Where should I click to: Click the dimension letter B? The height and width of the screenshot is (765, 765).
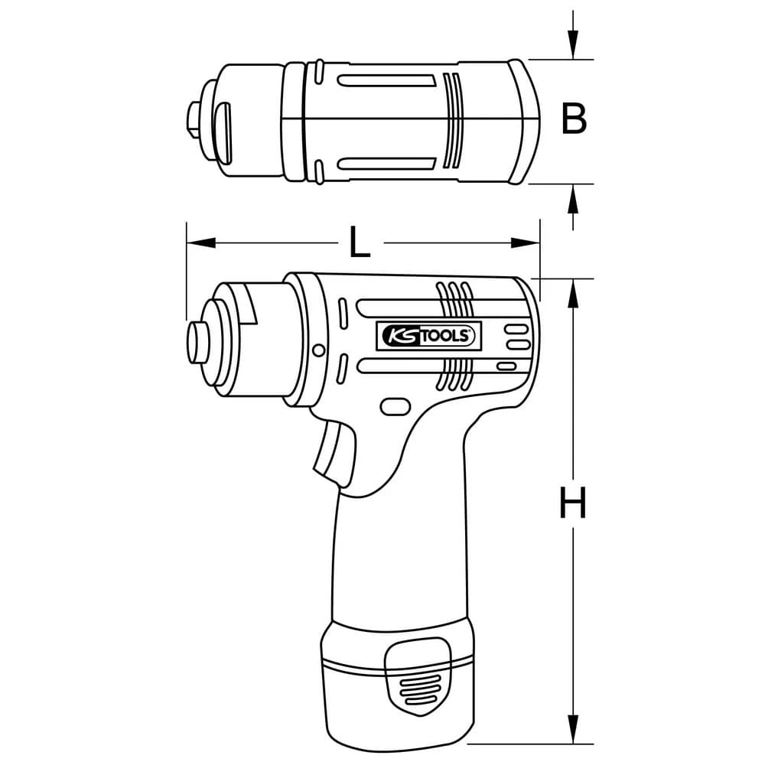pos(574,119)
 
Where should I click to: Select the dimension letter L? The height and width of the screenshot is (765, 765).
pos(360,243)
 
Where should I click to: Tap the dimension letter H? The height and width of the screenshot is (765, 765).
pos(572,504)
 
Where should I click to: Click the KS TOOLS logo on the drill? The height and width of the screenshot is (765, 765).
pos(428,334)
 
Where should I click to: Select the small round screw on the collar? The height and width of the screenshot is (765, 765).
pos(318,350)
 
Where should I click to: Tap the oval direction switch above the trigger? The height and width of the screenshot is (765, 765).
pos(395,406)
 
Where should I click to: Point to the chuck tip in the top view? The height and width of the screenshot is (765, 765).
pos(192,119)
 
